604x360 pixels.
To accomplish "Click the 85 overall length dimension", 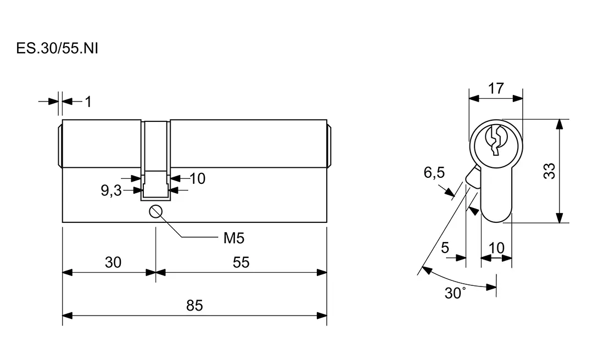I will point(194,305).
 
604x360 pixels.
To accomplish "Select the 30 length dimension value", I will point(113,262).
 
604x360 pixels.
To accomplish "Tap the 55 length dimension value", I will point(241,262).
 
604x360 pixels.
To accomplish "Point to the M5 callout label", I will point(233,238).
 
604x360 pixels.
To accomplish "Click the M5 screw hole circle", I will point(156,211).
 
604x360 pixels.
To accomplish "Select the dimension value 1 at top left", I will point(87,102).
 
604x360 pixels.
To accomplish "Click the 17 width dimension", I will point(495,88).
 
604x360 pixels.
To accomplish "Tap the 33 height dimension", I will point(549,171).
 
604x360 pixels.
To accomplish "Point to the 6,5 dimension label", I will point(434,173).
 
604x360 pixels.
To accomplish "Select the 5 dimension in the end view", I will point(445,248).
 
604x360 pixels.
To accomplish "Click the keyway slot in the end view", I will point(495,140).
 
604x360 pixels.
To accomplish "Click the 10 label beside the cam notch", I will point(197,178).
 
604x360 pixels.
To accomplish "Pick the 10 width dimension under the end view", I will point(496,248).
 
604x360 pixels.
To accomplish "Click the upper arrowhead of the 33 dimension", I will point(559,124).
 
